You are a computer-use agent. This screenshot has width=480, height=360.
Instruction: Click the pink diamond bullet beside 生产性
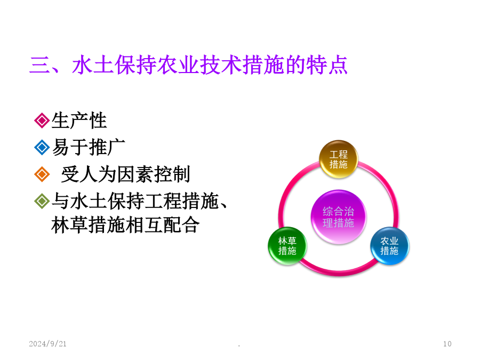click(x=42, y=121)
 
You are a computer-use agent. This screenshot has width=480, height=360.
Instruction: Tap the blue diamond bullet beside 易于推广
click(x=42, y=147)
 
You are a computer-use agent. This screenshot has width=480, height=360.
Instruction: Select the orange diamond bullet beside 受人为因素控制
click(x=42, y=174)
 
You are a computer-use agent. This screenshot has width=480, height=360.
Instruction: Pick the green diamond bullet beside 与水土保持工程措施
click(x=42, y=201)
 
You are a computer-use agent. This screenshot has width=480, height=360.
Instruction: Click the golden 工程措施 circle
click(x=338, y=159)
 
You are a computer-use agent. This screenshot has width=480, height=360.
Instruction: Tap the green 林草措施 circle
click(x=287, y=246)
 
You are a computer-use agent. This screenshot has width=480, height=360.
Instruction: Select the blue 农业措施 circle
click(x=389, y=246)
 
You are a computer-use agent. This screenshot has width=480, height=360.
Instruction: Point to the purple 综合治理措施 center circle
click(x=338, y=217)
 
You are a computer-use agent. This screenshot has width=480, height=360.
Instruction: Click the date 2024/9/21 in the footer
click(x=48, y=344)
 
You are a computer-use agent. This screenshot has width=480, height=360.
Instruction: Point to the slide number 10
click(x=447, y=344)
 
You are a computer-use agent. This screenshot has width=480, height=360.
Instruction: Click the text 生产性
click(x=79, y=121)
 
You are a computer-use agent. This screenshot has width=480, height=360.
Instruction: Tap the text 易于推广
click(x=89, y=147)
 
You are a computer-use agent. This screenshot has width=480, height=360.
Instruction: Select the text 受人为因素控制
click(x=125, y=174)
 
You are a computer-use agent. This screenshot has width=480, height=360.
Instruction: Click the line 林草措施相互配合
click(x=125, y=225)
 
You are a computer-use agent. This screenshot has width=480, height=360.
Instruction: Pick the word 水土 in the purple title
click(x=93, y=65)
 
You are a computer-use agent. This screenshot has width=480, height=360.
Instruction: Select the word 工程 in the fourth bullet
click(x=163, y=201)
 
